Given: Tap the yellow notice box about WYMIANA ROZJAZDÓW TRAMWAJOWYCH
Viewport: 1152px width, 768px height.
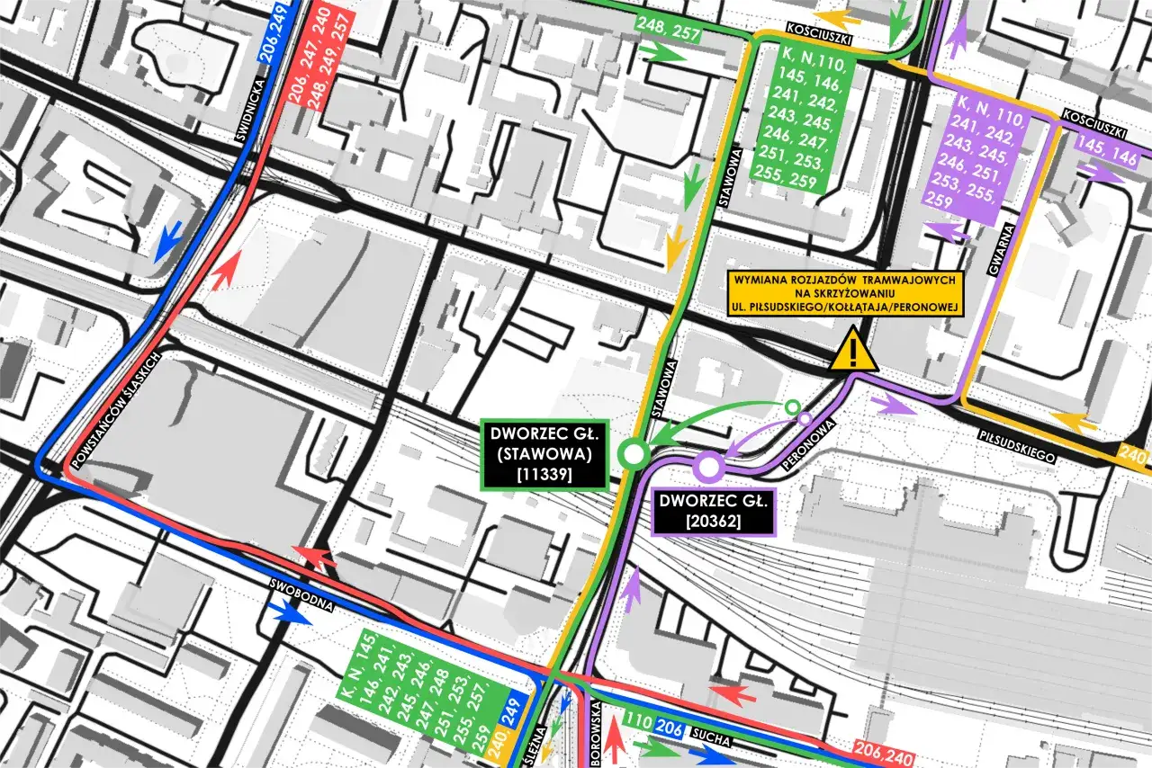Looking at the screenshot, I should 846,294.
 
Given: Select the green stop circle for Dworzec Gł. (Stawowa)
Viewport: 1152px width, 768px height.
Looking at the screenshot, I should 634,454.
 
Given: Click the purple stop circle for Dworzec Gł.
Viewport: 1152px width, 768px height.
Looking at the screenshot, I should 707,466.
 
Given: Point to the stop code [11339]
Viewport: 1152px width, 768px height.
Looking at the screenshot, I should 544,473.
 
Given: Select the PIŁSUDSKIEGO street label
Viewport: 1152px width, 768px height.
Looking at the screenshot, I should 1016,446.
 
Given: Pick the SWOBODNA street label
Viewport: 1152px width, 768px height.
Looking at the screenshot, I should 302,594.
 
